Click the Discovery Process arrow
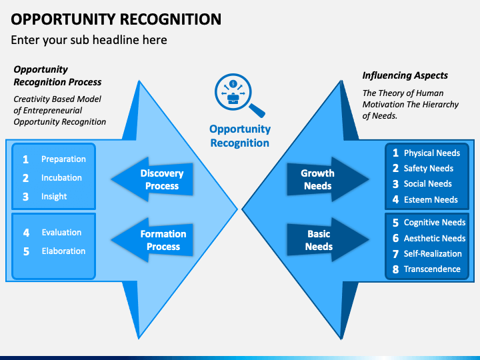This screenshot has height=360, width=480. point(152,179)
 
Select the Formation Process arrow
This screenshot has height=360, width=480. point(152,240)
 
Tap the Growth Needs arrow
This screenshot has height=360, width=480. point(328,179)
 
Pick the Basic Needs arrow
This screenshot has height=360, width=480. point(328,240)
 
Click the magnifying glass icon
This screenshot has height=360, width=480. point(239,95)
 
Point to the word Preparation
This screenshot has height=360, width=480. point(63,159)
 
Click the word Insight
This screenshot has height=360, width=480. point(54,197)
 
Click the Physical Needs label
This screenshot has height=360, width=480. point(431,153)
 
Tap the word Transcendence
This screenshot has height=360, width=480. point(432,269)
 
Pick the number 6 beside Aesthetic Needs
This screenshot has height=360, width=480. point(395,238)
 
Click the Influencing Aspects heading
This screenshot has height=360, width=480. point(405,75)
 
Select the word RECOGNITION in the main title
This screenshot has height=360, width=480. point(171,19)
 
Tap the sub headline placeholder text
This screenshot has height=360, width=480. point(89,40)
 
